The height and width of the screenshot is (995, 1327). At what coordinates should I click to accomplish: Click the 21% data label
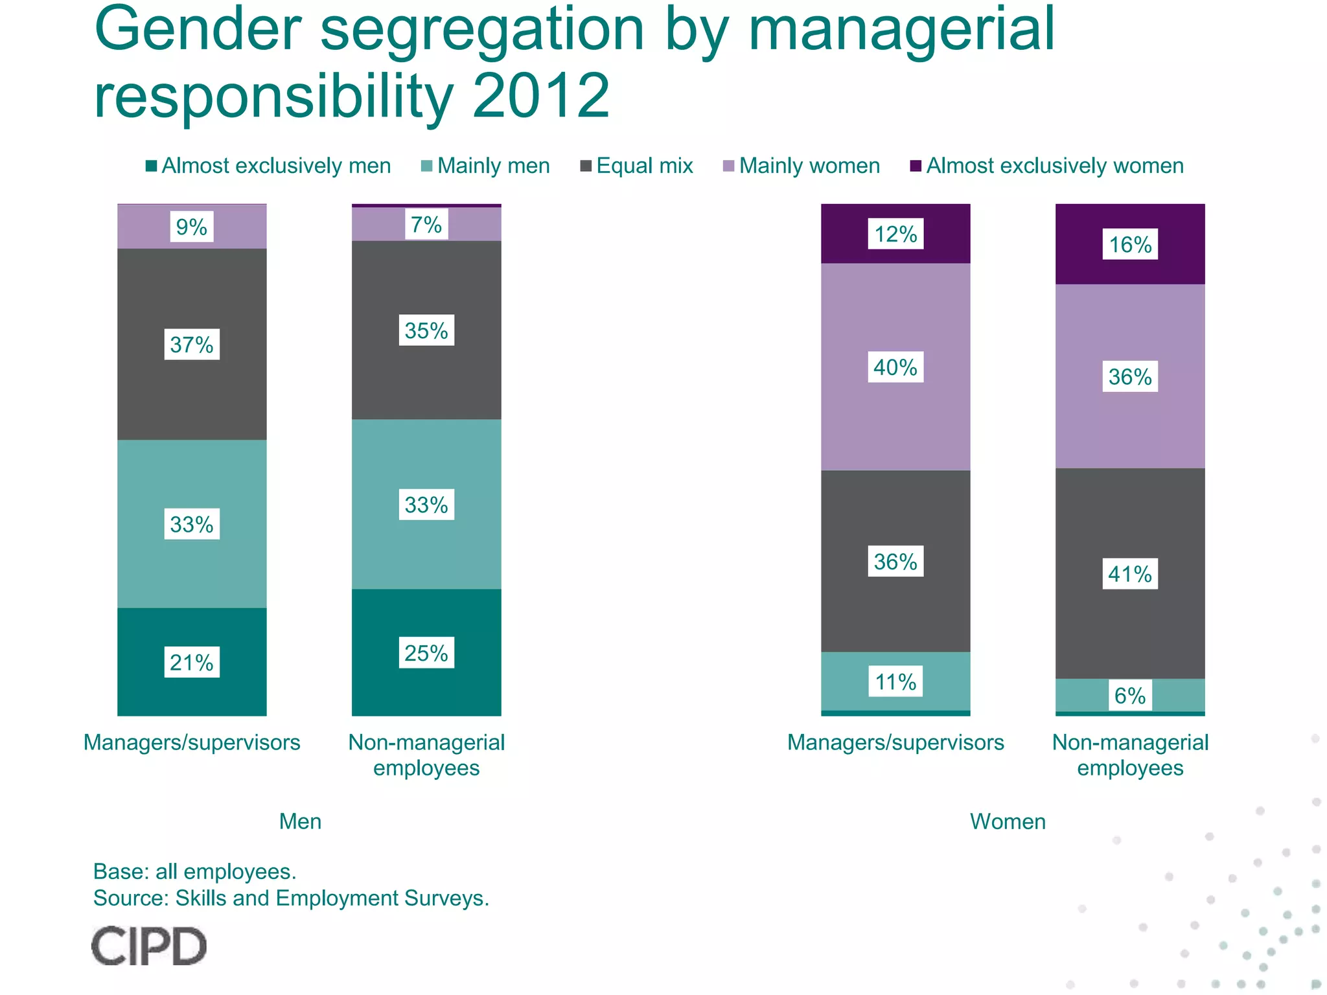[191, 662]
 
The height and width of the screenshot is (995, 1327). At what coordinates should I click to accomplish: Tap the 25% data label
[426, 652]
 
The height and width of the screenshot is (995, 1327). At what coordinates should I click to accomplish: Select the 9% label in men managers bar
[191, 227]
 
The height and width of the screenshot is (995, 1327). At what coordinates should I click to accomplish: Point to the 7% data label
[426, 224]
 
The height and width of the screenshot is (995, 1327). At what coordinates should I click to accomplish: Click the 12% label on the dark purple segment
[895, 234]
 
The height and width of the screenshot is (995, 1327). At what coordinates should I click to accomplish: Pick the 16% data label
[1130, 244]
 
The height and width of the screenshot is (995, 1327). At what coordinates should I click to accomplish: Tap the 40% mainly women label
[895, 367]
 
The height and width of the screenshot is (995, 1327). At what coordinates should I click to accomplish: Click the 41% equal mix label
[1130, 574]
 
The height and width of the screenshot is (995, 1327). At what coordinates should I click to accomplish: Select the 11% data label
[895, 681]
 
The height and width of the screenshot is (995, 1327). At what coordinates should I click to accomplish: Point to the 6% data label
[1130, 696]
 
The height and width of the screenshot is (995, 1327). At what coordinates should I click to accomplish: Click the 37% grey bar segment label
[191, 344]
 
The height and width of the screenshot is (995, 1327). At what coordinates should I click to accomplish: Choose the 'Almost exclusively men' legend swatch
[152, 166]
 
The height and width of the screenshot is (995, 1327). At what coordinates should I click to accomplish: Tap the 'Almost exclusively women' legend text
[1055, 166]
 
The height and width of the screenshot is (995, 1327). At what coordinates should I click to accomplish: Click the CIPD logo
[149, 946]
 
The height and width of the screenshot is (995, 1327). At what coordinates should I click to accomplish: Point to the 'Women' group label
[1008, 821]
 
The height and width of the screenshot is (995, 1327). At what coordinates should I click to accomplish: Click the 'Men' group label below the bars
[300, 821]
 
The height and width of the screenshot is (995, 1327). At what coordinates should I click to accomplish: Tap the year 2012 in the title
[541, 96]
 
